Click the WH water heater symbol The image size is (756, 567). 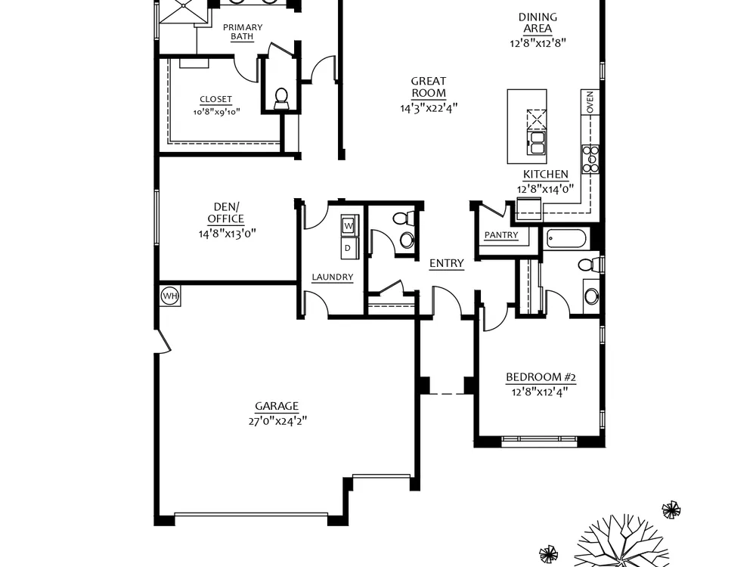click(x=169, y=296)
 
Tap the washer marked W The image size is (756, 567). click(x=349, y=225)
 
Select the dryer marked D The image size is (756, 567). click(x=349, y=248)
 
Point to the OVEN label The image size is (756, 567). click(x=590, y=102)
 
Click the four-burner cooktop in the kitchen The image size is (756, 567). click(x=590, y=159)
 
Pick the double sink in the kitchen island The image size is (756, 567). click(x=537, y=143)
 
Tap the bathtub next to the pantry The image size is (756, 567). click(x=566, y=239)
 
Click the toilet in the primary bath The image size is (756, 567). click(x=280, y=99)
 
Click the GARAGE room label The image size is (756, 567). click(x=277, y=406)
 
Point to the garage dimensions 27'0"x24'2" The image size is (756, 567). click(x=277, y=421)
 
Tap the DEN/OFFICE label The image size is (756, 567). click(x=225, y=212)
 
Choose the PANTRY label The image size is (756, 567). click(x=501, y=235)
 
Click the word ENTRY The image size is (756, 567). click(x=447, y=263)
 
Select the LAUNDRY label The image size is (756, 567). click(x=332, y=277)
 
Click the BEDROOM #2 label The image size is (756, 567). click(x=541, y=377)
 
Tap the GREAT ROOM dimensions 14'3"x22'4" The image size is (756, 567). click(x=429, y=107)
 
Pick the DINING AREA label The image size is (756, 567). click(x=538, y=23)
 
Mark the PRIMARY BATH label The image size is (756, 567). click(x=243, y=32)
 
